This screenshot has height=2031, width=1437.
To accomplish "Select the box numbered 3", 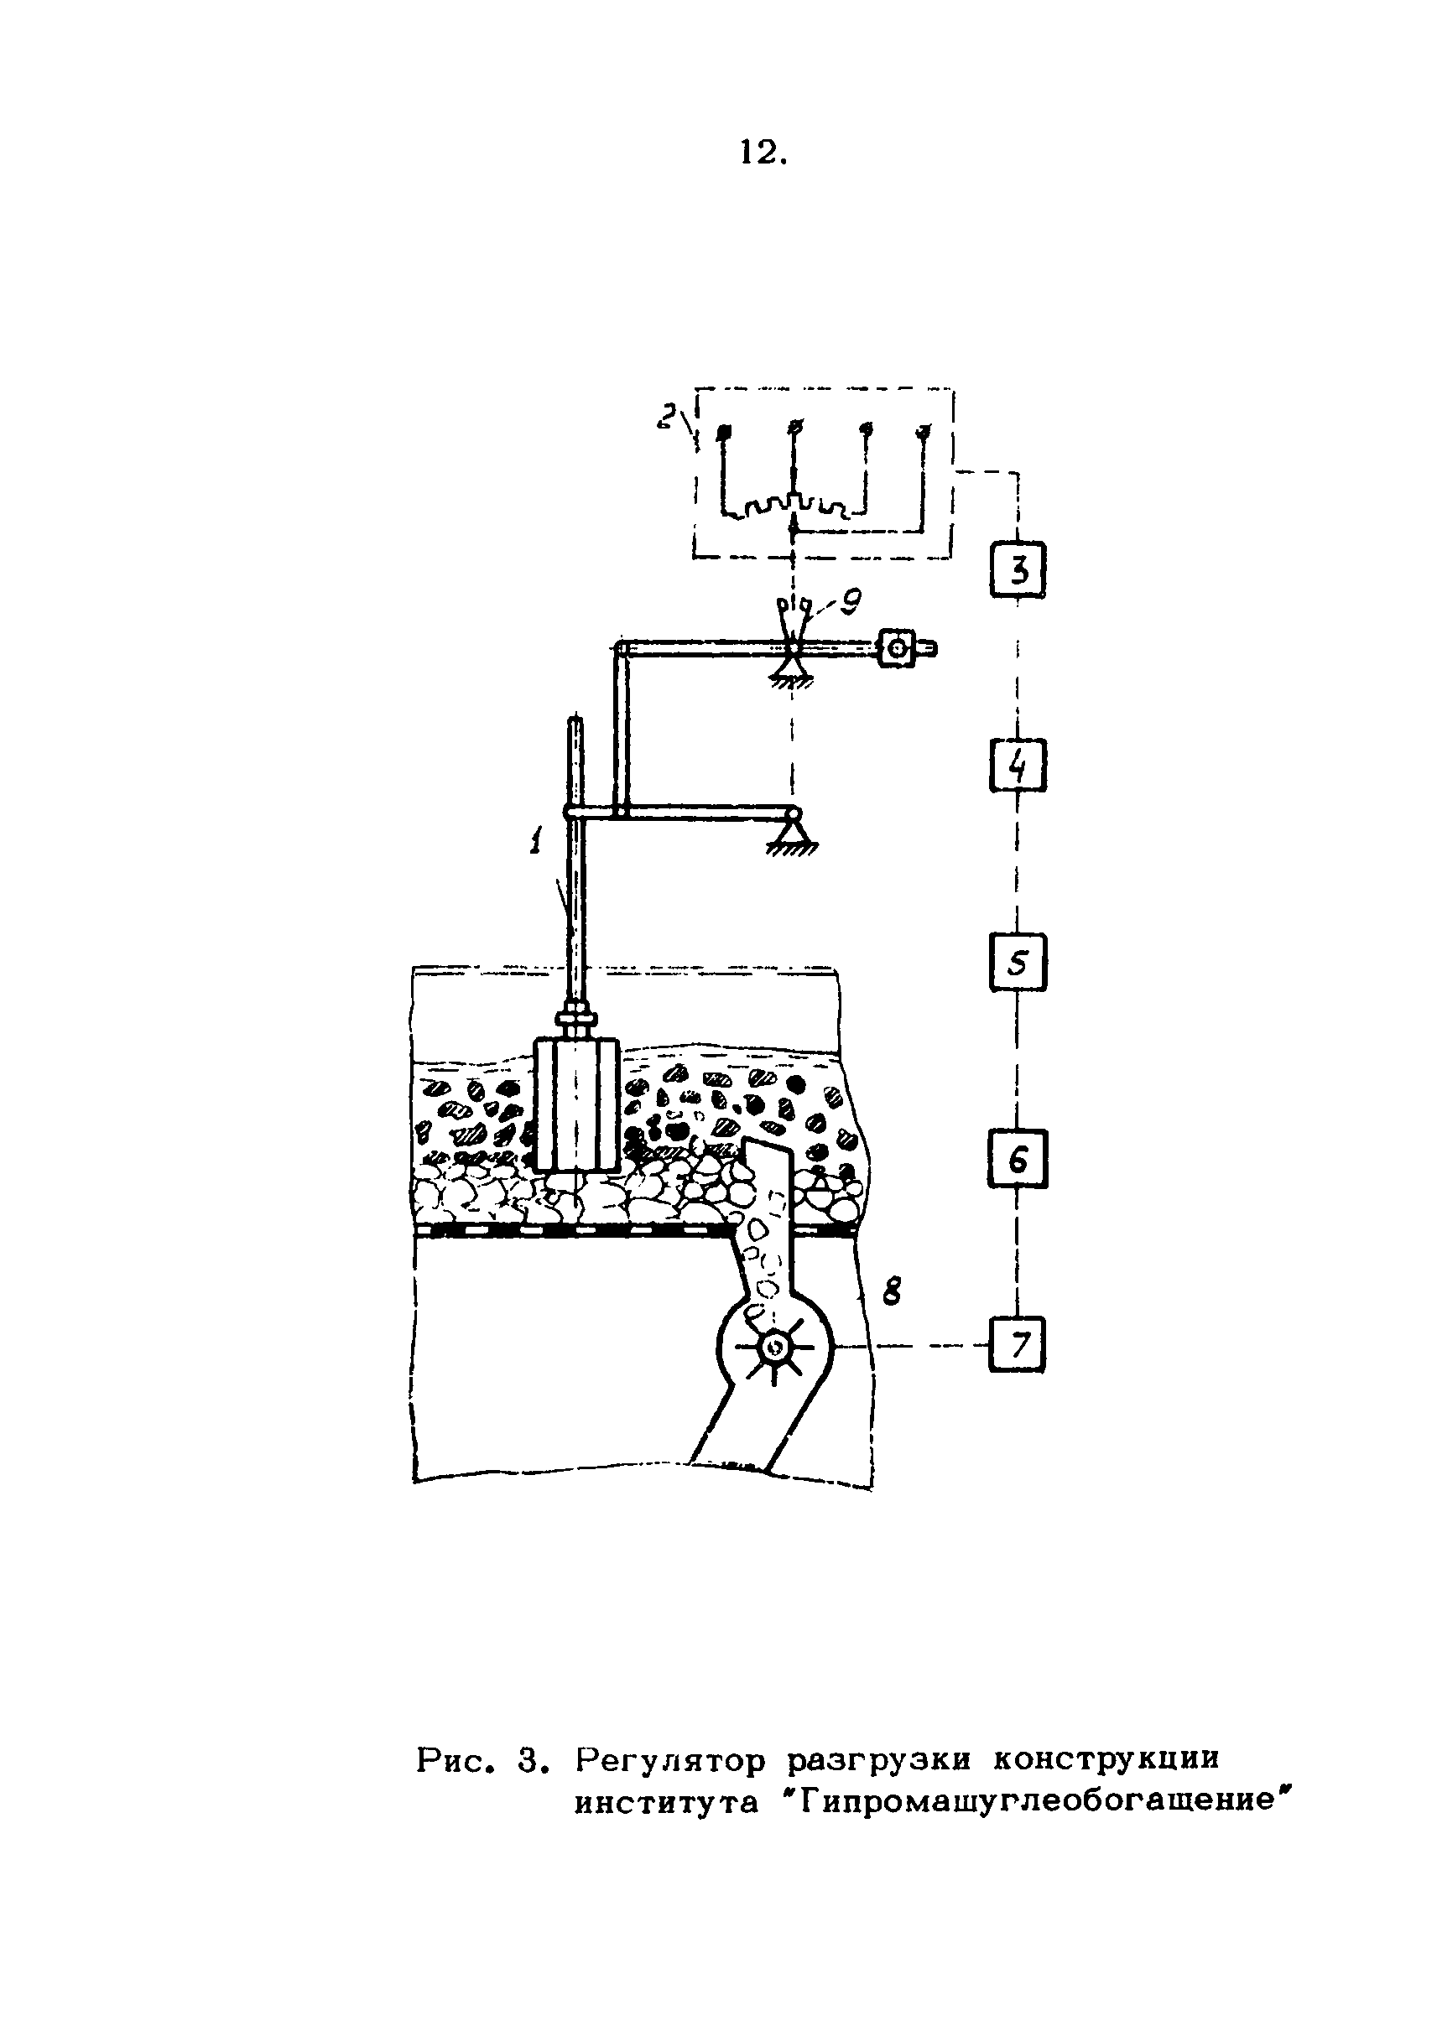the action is [1018, 569].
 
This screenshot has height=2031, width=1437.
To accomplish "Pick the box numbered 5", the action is [1018, 963].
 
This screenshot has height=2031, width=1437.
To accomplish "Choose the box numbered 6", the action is [1018, 1159].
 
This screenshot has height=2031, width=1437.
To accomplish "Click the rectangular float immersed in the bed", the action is [575, 1105].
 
